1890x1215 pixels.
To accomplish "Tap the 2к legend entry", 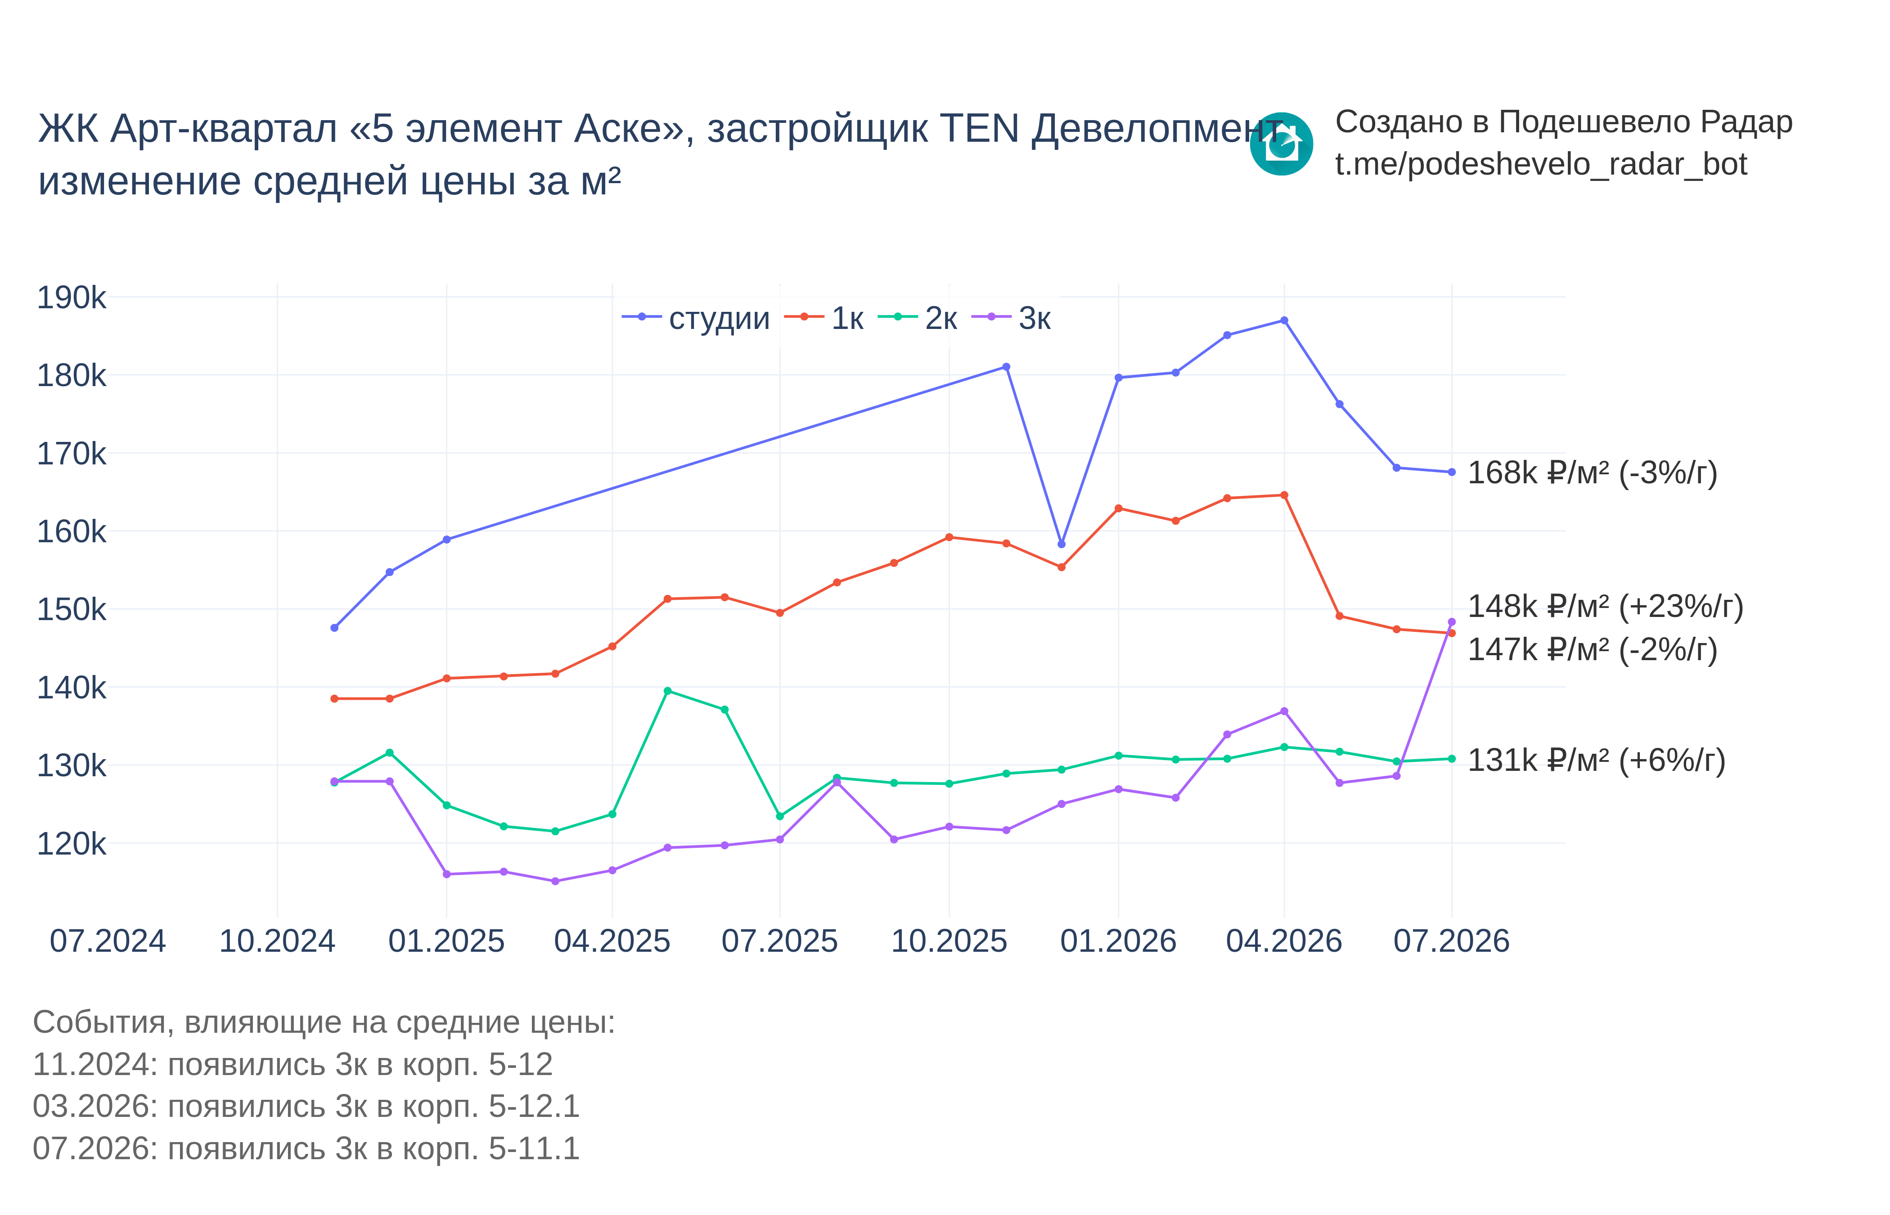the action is coord(918,318).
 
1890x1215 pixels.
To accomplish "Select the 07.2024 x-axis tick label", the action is coord(108,941).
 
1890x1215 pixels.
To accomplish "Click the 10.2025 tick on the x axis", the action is coord(949,941).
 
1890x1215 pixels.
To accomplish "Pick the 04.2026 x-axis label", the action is coord(1284,941).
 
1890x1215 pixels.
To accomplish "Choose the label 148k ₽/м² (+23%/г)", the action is coord(1605,607).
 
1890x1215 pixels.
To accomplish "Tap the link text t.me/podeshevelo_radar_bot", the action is coord(1541,164).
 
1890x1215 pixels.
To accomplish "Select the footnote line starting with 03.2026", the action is coord(306,1106).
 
